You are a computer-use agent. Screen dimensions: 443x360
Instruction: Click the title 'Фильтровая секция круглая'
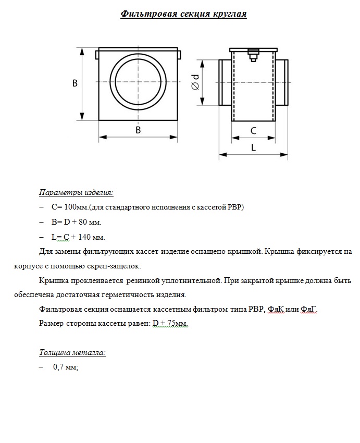[x=183, y=14]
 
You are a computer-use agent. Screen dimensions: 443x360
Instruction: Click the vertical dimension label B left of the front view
[x=75, y=83]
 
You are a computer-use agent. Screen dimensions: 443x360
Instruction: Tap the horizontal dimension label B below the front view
[x=138, y=130]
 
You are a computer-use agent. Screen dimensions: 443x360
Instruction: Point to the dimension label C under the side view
[x=254, y=130]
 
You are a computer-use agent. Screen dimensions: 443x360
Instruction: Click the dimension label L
[x=254, y=147]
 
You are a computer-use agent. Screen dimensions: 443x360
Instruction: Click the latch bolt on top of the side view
[x=253, y=54]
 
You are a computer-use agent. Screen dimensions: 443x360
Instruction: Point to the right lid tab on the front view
[x=178, y=54]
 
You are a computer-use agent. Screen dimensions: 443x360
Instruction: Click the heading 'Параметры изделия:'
[x=76, y=192]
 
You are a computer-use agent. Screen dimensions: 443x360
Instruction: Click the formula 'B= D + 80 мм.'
[x=76, y=223]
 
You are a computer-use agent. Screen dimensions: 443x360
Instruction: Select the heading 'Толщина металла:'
[x=72, y=353]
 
